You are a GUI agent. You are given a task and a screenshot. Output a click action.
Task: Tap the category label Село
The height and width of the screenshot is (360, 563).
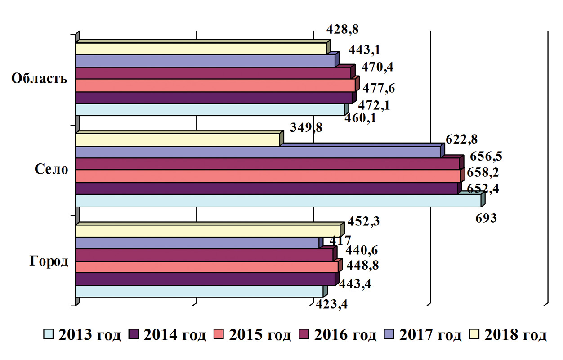52,170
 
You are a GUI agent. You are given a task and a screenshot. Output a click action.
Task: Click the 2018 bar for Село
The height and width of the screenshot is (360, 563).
177,140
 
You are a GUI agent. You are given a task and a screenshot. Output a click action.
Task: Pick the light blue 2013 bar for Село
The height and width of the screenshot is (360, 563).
277,201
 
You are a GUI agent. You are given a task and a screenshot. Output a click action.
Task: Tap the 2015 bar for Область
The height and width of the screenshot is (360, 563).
215,85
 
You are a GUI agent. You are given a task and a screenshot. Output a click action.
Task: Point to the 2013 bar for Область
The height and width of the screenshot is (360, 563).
210,110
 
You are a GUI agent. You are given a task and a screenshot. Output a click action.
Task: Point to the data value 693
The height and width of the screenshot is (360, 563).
486,219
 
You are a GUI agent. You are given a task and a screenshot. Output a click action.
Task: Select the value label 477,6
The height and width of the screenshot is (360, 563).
379,89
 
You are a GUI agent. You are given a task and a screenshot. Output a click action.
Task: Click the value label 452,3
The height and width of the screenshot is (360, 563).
363,221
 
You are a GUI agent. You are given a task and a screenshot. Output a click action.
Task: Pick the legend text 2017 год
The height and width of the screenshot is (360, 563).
432,335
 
